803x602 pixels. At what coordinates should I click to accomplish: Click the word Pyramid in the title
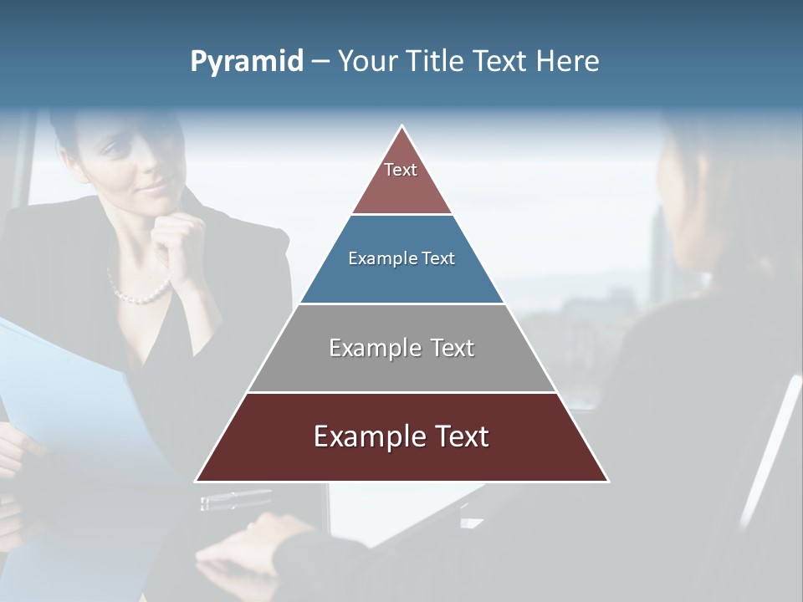(x=246, y=62)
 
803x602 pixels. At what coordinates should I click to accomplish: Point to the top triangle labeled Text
(x=401, y=177)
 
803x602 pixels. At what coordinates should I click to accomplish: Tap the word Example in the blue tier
(x=381, y=258)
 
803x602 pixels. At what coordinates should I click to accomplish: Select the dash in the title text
(x=320, y=62)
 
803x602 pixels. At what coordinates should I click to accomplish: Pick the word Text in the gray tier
(x=453, y=348)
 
